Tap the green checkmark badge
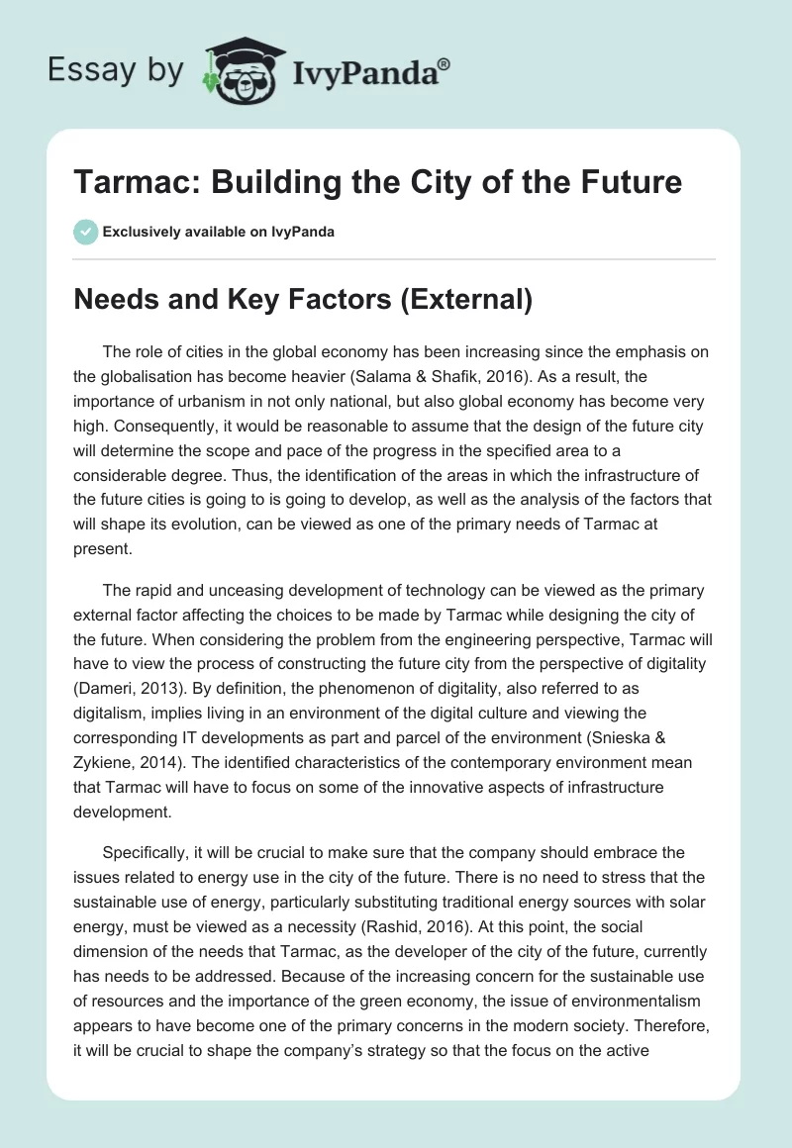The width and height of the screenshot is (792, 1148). tap(85, 232)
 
